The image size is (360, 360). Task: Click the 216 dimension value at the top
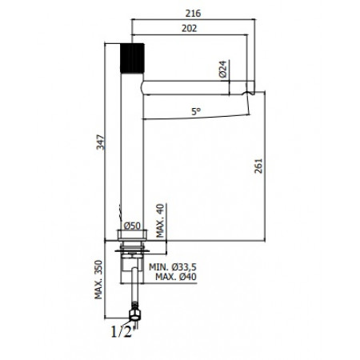click(x=193, y=13)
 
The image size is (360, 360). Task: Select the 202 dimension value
click(x=189, y=28)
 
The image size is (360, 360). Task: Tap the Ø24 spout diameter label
click(x=223, y=69)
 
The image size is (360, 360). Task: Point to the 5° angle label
click(x=196, y=111)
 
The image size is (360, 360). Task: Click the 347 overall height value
click(x=101, y=142)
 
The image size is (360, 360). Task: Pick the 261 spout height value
click(x=258, y=166)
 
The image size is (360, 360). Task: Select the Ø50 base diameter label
click(x=132, y=226)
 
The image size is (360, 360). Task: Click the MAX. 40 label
click(x=160, y=221)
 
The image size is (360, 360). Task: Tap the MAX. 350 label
click(x=98, y=279)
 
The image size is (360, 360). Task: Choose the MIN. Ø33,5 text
click(x=173, y=266)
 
